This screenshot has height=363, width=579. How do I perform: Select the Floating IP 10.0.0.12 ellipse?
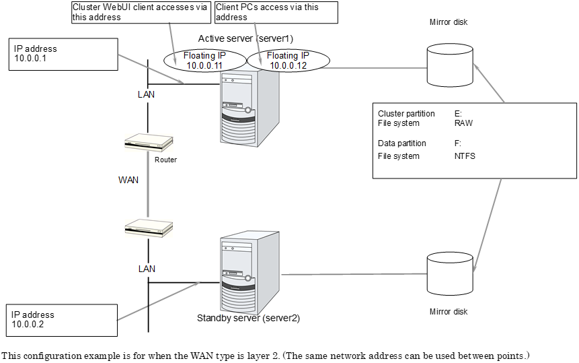click(288, 60)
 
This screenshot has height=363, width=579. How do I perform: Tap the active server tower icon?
click(249, 107)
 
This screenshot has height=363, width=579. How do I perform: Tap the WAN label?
click(128, 180)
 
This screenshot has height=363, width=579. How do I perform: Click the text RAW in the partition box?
click(463, 123)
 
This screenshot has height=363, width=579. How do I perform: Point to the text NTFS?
click(465, 156)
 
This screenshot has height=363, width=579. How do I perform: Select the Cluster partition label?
click(406, 114)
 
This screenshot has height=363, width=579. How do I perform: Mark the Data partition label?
click(402, 143)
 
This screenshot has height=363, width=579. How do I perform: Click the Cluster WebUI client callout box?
click(141, 11)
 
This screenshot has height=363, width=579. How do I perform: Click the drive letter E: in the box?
click(458, 114)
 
